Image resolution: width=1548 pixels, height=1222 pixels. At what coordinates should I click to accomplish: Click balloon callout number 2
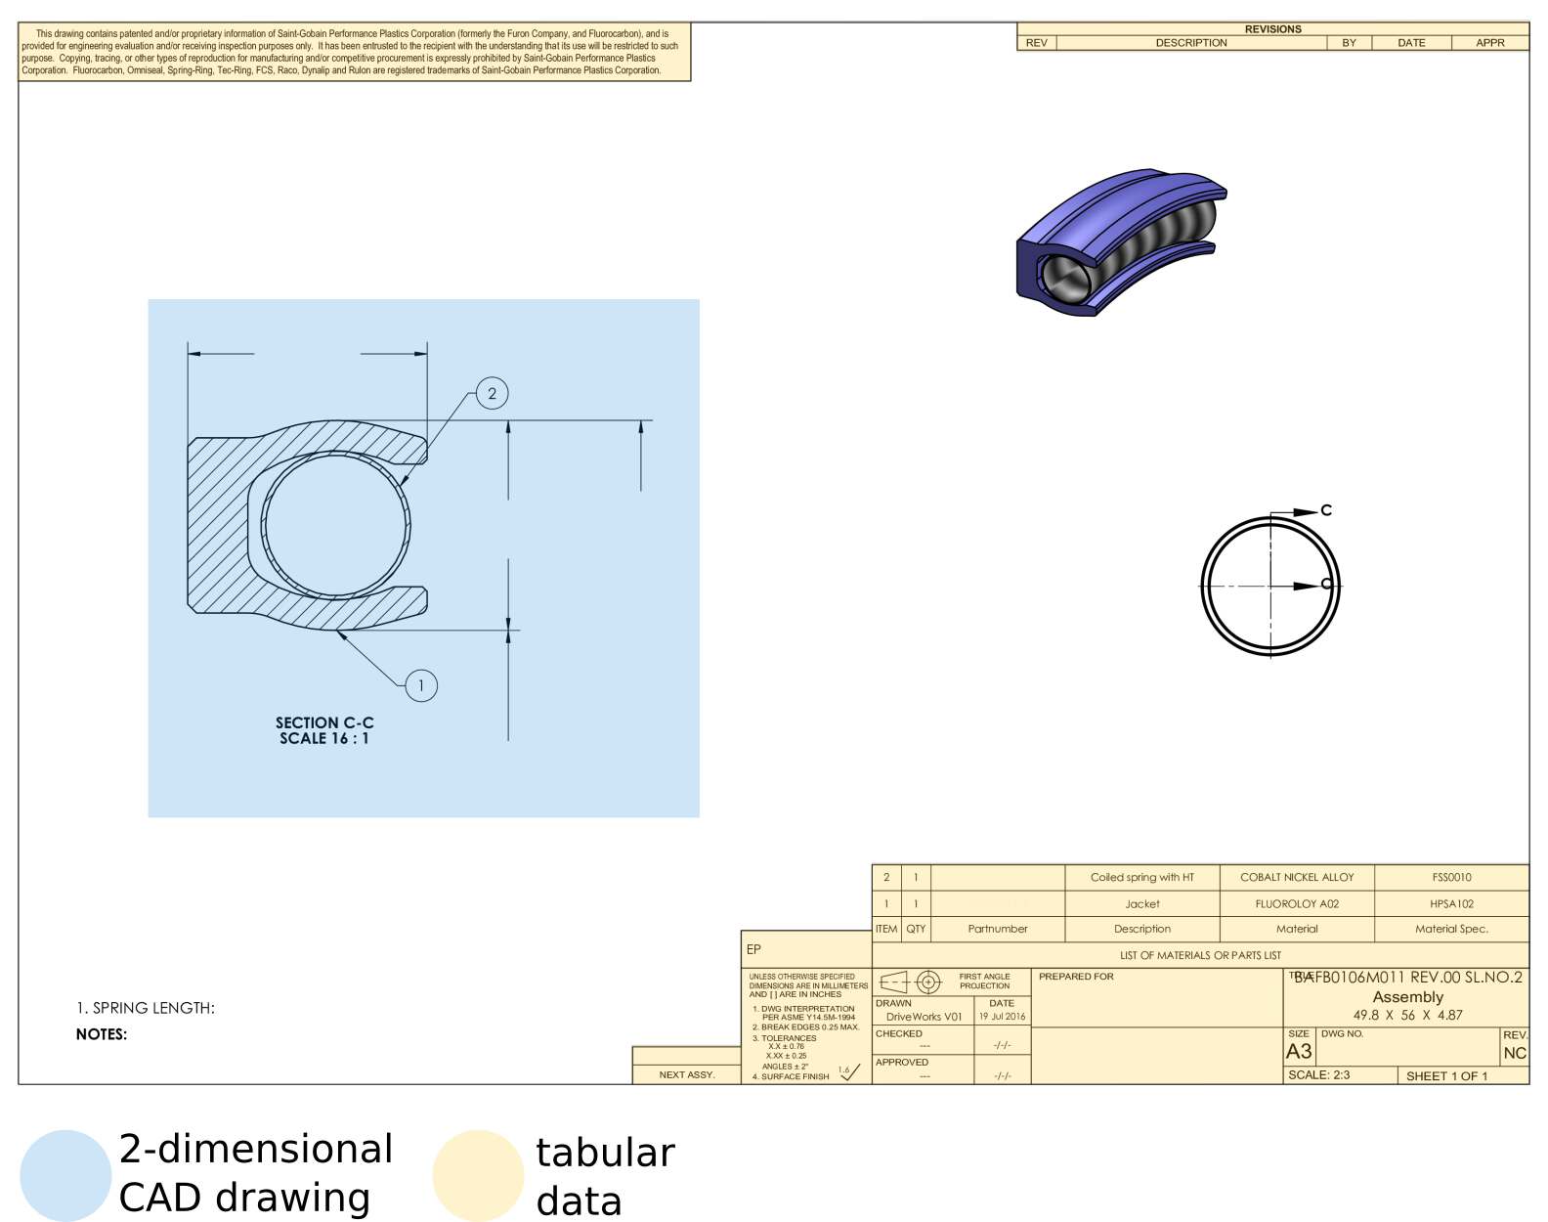pyautogui.click(x=492, y=394)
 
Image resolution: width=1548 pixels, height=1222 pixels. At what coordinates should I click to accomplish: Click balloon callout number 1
pyautogui.click(x=421, y=685)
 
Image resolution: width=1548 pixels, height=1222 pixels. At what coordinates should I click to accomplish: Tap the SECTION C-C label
pyautogui.click(x=324, y=723)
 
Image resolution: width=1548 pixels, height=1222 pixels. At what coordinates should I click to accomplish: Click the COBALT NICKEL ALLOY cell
pyautogui.click(x=1297, y=877)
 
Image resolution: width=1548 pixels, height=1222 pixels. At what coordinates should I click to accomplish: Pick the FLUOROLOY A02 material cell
pyautogui.click(x=1297, y=903)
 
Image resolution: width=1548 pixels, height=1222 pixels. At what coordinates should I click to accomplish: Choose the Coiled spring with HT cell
pyautogui.click(x=1141, y=877)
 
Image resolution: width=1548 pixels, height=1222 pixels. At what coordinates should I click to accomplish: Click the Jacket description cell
pyautogui.click(x=1141, y=903)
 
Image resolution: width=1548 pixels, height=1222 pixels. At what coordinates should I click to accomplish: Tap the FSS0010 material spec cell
pyautogui.click(x=1451, y=877)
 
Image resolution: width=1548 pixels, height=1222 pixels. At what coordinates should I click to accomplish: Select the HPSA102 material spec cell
pyautogui.click(x=1451, y=903)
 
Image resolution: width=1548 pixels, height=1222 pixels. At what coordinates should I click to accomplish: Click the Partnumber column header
pyautogui.click(x=997, y=929)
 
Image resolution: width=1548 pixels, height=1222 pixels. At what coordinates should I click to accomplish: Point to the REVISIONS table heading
pyautogui.click(x=1272, y=29)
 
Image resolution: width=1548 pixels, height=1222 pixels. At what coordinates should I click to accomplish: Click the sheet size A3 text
pyautogui.click(x=1299, y=1052)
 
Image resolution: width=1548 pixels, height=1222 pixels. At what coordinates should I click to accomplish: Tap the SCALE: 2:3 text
pyautogui.click(x=1318, y=1074)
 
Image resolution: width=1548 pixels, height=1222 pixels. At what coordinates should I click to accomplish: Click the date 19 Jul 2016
pyautogui.click(x=1002, y=1017)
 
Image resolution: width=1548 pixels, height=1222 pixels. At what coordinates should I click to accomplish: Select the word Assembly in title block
pyautogui.click(x=1407, y=997)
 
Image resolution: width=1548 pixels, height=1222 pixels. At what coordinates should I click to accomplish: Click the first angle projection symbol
pyautogui.click(x=910, y=982)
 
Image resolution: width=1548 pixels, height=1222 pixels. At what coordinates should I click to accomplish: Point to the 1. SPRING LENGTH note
pyautogui.click(x=146, y=1008)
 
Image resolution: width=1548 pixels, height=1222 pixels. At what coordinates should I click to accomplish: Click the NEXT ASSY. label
pyautogui.click(x=686, y=1074)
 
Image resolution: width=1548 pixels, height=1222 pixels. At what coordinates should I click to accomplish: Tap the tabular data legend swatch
pyautogui.click(x=478, y=1175)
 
